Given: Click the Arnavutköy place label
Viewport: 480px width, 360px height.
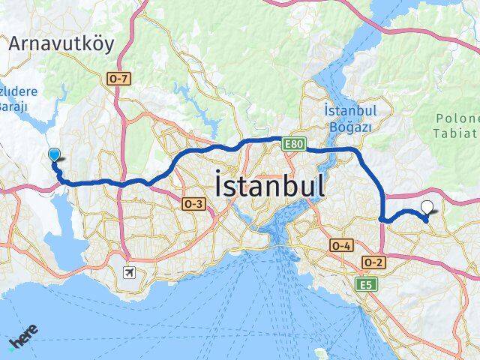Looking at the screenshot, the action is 61,43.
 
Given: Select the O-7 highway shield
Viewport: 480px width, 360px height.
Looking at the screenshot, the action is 119,79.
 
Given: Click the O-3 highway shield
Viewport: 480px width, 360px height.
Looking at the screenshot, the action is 193,203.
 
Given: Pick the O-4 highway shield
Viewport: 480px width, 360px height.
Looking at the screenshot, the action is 340,245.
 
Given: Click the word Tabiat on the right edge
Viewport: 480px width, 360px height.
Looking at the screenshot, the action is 457,134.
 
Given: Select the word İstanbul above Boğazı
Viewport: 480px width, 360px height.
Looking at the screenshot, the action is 349,110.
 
